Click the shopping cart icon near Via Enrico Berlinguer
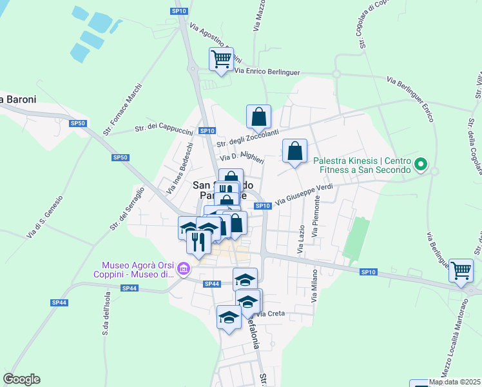click(x=222, y=59)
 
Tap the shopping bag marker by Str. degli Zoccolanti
click(x=258, y=117)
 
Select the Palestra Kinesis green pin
click(x=421, y=165)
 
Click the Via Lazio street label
click(x=301, y=238)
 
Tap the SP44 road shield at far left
click(x=59, y=303)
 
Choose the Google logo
click(x=21, y=379)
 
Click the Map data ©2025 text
click(x=454, y=382)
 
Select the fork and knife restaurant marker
click(x=198, y=242)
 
